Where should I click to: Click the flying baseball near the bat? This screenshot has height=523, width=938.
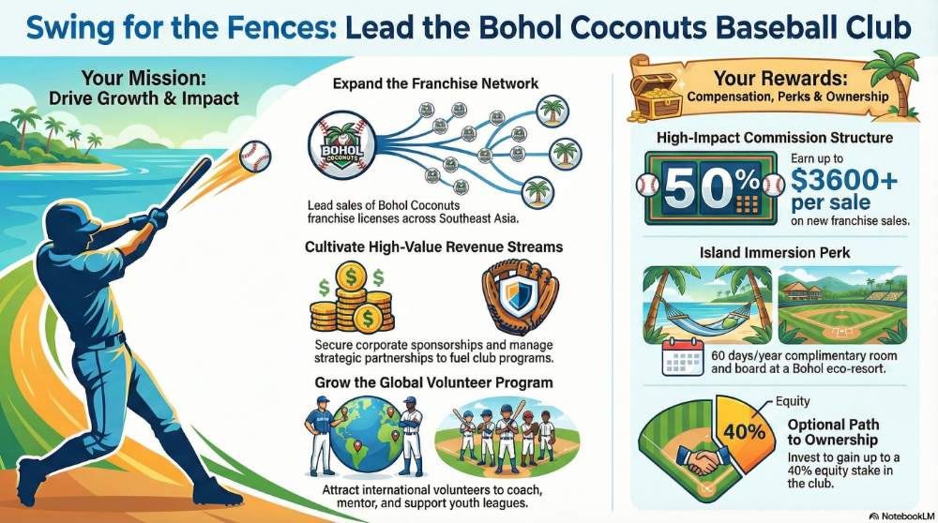[255, 157]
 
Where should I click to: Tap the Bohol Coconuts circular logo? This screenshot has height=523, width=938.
[342, 146]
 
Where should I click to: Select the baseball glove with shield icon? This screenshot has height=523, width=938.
[520, 296]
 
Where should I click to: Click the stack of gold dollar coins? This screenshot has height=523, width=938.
[352, 298]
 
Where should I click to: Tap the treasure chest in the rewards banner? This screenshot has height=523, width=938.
[657, 96]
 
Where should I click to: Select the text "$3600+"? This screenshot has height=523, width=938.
[844, 179]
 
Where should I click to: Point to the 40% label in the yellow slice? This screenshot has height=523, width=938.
[744, 431]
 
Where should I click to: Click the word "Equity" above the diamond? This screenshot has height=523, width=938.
[793, 402]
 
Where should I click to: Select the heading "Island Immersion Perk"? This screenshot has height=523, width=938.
[775, 253]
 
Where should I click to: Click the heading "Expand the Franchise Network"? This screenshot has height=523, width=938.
[435, 83]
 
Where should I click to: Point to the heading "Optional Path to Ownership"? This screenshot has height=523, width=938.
[833, 432]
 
